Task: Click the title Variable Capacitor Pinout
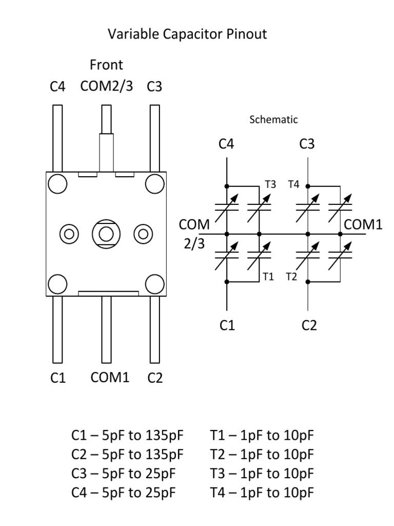click(187, 35)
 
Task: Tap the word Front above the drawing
click(106, 65)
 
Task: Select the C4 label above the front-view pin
click(57, 87)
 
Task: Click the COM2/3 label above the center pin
click(106, 86)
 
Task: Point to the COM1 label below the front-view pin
click(110, 378)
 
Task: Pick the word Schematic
click(273, 120)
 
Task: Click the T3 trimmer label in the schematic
click(270, 184)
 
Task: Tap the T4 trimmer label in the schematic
click(293, 184)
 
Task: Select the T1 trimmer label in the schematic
click(268, 277)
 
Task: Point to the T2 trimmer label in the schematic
click(291, 277)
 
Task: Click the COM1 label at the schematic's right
click(363, 224)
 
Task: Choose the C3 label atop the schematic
click(307, 144)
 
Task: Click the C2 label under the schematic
click(309, 325)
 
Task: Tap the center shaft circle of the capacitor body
click(106, 234)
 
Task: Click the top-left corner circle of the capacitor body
click(57, 183)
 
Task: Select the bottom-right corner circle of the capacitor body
click(154, 284)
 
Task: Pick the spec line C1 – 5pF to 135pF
click(127, 436)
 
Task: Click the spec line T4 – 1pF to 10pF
click(262, 493)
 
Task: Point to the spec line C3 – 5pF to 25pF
click(124, 474)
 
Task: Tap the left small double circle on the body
click(69, 234)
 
